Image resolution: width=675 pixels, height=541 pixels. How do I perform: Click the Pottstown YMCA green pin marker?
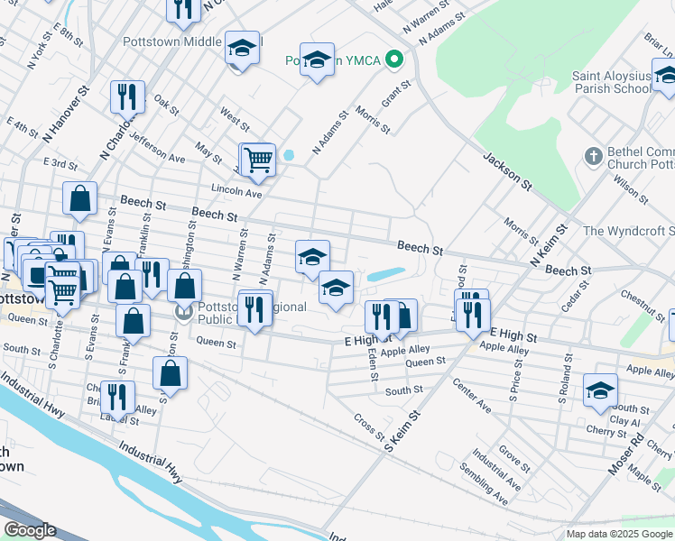pos(393,60)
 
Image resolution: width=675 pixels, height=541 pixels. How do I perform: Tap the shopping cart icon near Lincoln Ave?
pos(257,160)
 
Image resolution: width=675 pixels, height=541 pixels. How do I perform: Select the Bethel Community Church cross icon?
pos(593,156)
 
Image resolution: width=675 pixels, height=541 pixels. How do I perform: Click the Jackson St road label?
pos(506,169)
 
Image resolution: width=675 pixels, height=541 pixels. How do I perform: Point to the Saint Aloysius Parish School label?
pos(611,82)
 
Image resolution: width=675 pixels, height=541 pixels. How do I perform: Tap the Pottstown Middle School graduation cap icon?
pos(241,50)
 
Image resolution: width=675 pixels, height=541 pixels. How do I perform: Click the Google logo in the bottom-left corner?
pos(29,530)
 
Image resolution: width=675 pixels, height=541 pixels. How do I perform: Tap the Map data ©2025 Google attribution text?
pos(618,534)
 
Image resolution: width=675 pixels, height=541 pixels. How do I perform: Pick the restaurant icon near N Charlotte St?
pos(127,96)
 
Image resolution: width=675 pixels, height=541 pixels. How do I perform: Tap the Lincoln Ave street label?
pos(236,193)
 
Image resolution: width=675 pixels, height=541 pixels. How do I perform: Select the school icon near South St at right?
pos(600,390)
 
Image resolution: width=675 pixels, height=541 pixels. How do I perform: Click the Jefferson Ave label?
pos(157,147)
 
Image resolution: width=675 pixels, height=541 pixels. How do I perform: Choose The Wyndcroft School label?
pos(628,231)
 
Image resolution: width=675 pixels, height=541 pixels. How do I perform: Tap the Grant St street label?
pos(395,94)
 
